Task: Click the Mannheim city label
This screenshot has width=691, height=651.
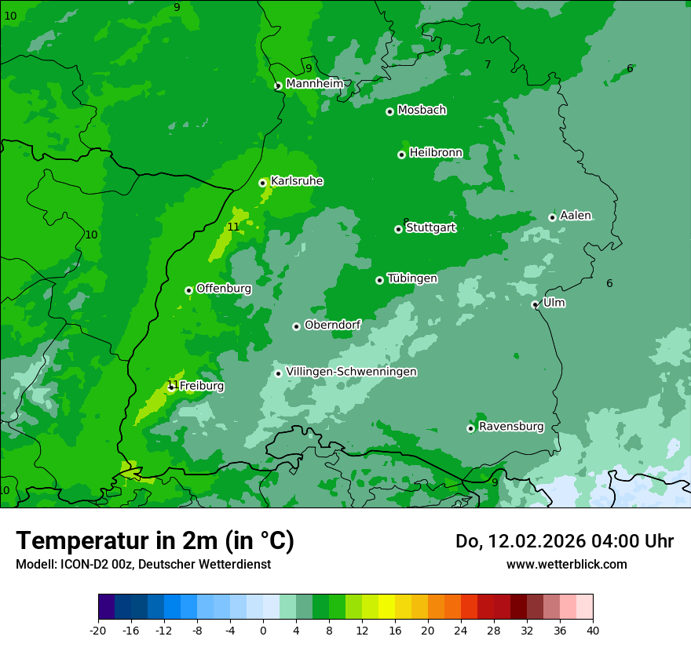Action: [315, 84]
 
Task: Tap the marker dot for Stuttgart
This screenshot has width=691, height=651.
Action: [398, 229]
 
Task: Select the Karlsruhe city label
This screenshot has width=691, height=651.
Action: [297, 181]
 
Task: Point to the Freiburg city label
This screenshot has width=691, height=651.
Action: [202, 386]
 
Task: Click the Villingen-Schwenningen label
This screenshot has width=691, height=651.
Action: [351, 372]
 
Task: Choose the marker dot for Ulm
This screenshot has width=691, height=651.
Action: [535, 304]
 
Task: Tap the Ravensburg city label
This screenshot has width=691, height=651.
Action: [511, 427]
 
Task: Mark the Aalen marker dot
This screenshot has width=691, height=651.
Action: [552, 217]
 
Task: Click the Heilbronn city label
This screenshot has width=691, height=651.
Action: [436, 152]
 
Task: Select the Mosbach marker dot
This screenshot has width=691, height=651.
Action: [389, 111]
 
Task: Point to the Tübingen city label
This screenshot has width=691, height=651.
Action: [412, 278]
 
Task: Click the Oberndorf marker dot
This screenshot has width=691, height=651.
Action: [296, 326]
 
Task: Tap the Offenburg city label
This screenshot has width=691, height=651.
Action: [224, 289]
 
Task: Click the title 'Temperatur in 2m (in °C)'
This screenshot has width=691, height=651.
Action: [155, 540]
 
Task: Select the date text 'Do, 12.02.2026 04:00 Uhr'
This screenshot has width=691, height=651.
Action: [565, 541]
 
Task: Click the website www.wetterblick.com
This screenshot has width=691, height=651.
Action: [566, 564]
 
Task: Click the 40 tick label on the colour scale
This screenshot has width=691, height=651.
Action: [592, 631]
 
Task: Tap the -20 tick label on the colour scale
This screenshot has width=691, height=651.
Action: [98, 631]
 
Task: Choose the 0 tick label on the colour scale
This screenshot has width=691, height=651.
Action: [263, 631]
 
